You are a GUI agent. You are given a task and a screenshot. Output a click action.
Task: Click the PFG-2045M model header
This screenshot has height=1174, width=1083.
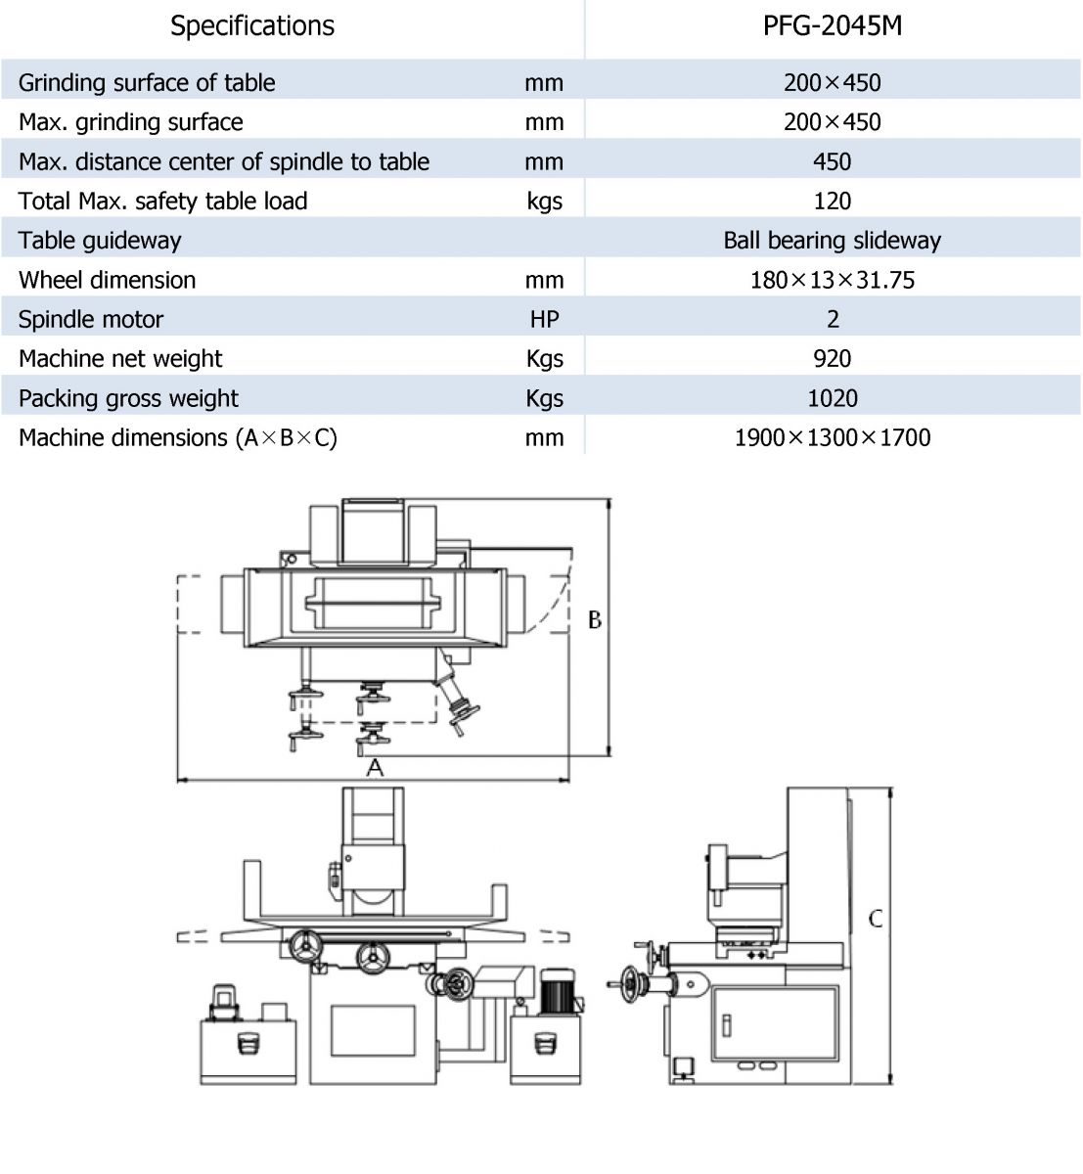coord(832,26)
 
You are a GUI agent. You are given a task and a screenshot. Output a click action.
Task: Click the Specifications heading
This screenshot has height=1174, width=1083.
coord(252,26)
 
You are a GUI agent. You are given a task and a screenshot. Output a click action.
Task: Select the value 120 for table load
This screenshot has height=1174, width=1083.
coord(833,202)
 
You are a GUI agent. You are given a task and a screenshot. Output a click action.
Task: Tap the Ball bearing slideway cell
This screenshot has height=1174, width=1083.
coord(833,241)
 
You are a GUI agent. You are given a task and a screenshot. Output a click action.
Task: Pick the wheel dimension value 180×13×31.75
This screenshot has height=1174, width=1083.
coord(833,280)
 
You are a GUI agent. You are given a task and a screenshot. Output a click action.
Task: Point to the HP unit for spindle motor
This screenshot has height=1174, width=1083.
coord(545,320)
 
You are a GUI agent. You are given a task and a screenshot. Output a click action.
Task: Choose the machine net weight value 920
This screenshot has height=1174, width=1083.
coord(833,359)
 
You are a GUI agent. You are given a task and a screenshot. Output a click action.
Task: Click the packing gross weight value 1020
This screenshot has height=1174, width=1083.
coord(833,398)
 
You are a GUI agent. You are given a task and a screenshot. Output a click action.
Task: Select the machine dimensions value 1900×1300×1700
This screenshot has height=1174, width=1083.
coord(833,438)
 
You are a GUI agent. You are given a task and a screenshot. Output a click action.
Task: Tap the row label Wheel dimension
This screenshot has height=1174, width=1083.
coord(107,280)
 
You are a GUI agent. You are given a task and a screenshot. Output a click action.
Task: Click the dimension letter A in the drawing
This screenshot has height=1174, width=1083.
coord(375,768)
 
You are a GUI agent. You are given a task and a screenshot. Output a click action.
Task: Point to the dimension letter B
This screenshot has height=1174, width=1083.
coord(595,620)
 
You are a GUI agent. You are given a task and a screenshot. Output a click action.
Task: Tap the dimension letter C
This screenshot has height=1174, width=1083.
coord(876,919)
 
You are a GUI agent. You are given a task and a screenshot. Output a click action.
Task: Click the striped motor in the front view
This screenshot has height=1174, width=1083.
coord(557,992)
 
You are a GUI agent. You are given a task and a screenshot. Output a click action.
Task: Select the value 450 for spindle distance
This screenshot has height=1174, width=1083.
coord(833,162)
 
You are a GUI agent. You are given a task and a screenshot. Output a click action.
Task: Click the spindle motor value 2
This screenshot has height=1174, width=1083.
coord(833,320)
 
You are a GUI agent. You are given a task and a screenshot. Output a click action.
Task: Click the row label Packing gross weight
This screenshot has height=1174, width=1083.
coord(128,399)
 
